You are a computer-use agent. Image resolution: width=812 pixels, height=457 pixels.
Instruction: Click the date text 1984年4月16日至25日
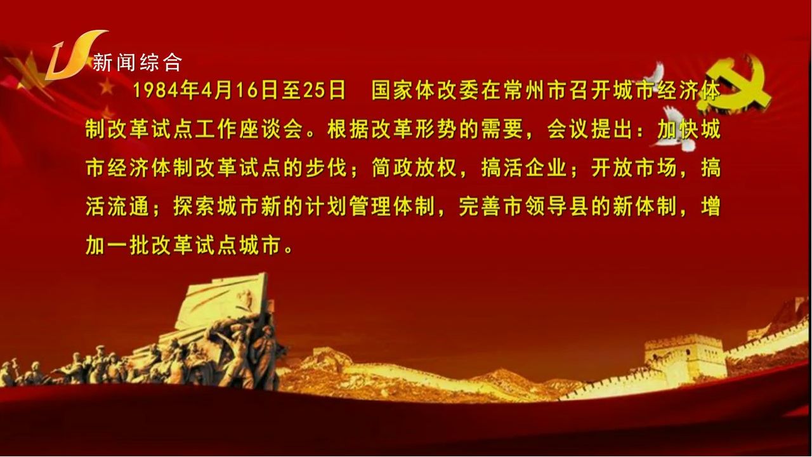pos(239,91)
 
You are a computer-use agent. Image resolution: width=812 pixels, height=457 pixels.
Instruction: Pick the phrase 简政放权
pos(414,168)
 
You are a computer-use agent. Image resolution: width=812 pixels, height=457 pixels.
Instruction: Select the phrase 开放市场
pos(634,168)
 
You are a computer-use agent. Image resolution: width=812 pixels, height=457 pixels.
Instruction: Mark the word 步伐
pos(326,168)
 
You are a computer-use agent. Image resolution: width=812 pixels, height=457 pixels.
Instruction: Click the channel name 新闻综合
pos(138,63)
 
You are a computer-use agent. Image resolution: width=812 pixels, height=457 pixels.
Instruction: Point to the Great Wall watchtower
pos(677,359)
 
